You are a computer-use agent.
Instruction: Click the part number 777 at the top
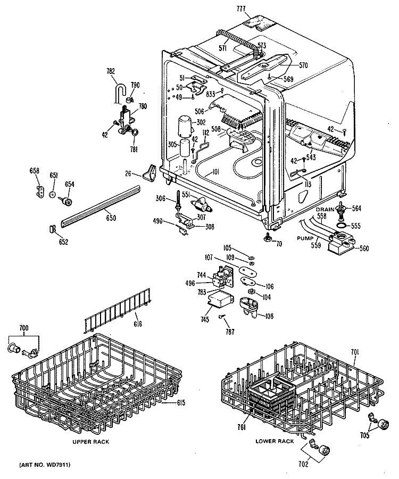[x=241, y=9]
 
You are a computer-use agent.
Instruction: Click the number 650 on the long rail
[x=111, y=218]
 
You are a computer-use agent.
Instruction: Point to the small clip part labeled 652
[x=52, y=228]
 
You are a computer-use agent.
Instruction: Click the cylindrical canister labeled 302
[x=185, y=125]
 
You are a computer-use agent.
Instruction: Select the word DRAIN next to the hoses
[x=325, y=210]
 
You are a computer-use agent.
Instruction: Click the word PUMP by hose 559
[x=305, y=238]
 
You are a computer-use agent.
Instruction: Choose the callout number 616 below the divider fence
[x=138, y=324]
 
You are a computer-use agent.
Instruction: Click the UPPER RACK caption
[x=90, y=442]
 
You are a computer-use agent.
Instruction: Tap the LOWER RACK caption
[x=275, y=441]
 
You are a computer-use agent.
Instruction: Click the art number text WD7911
[x=58, y=465]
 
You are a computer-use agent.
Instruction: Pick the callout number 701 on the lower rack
[x=354, y=352]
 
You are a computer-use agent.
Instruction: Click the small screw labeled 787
[x=221, y=317]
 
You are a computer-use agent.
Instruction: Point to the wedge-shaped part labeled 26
[x=150, y=172]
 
